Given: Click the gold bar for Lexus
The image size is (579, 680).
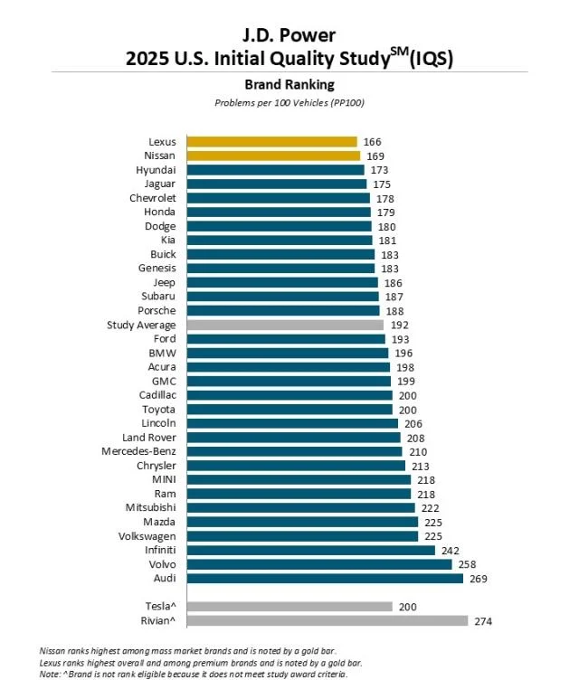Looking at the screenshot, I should click(271, 142).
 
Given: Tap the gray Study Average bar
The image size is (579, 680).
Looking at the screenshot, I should click(285, 325).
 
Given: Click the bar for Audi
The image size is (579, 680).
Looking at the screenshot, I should click(325, 578).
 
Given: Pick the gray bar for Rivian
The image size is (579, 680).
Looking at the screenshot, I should click(327, 620).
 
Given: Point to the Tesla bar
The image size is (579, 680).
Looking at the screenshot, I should click(289, 607).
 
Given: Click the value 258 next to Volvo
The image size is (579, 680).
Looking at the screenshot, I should click(467, 564).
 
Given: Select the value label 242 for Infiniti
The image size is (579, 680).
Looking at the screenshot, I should click(450, 550).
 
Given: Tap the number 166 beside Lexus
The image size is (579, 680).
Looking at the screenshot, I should click(372, 142).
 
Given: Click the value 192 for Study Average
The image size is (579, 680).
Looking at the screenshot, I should click(399, 325).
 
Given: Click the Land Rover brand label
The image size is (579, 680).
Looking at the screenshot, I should click(149, 437).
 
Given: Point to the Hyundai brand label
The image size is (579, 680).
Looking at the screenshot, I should click(156, 170).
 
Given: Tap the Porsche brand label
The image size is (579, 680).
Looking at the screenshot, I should click(157, 310).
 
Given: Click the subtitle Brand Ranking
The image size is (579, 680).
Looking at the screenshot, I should click(289, 84).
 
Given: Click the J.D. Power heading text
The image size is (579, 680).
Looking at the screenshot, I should click(289, 35).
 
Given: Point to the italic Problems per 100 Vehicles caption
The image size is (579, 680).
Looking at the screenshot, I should click(289, 102).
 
